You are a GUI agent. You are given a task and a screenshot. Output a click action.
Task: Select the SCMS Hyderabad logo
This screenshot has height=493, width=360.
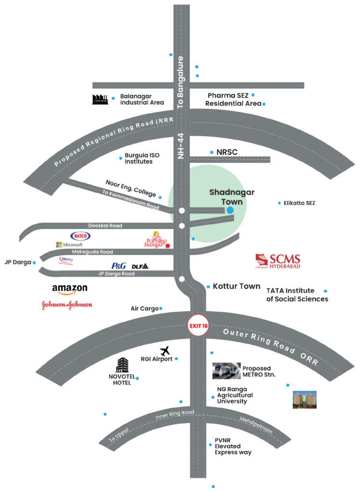[x=278, y=260]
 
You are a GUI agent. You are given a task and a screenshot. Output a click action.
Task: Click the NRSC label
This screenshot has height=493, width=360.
[x=227, y=152]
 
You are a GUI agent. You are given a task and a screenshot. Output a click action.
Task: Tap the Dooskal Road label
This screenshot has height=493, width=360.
[x=105, y=225]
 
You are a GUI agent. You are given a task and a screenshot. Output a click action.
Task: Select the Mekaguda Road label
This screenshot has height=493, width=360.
[x=93, y=252]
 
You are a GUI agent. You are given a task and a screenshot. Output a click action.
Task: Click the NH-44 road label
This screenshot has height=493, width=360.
[x=181, y=145]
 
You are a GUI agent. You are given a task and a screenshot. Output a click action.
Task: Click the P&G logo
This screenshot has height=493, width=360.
[x=119, y=265]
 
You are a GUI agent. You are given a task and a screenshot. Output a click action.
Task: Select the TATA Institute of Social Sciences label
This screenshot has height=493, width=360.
[x=297, y=295]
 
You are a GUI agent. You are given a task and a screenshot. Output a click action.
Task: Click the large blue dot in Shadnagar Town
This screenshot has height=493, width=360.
[x=230, y=210]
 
